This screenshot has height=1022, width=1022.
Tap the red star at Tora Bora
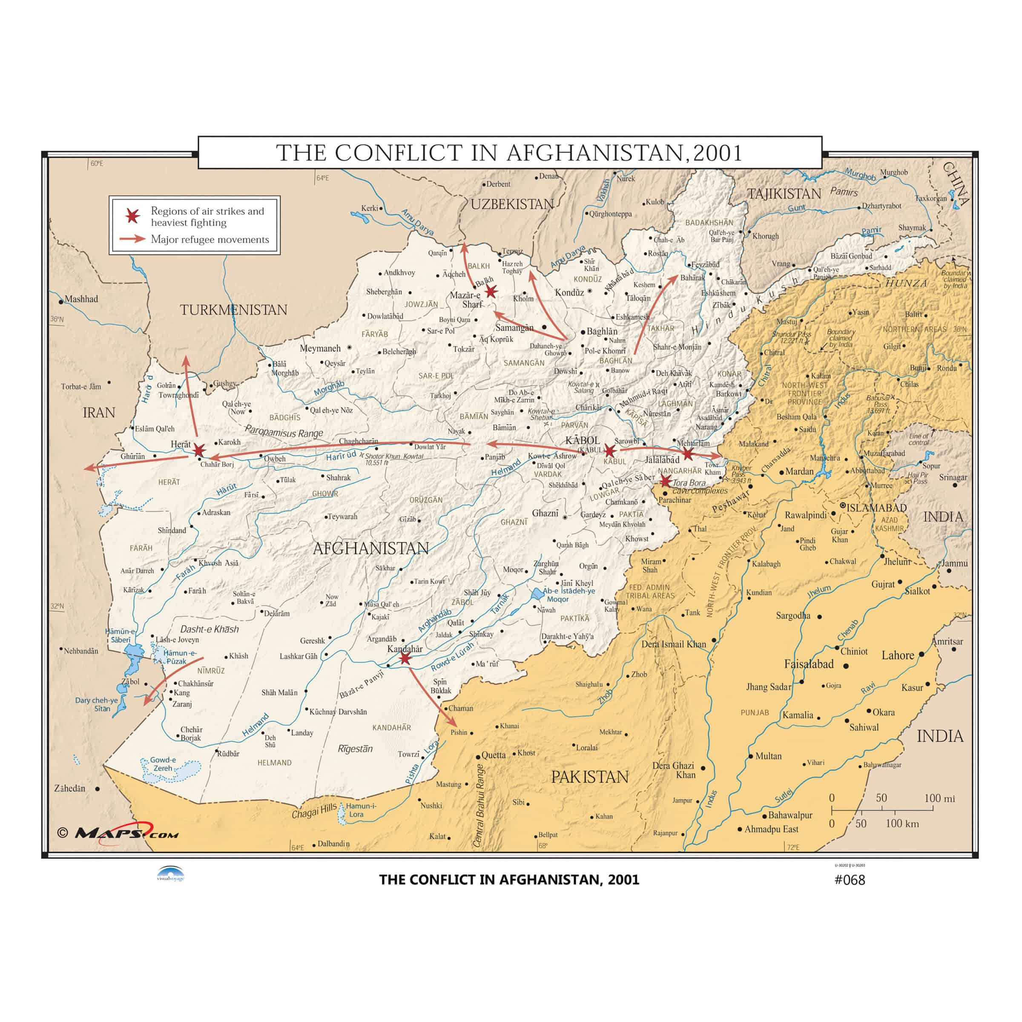[666, 481]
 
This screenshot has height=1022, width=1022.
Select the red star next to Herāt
[199, 450]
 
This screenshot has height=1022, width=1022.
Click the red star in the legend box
[132, 216]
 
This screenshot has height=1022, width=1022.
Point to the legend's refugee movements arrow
[132, 239]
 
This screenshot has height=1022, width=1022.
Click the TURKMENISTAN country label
[233, 310]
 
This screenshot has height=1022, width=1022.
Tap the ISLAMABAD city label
[876, 508]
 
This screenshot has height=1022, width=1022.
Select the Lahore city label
[898, 655]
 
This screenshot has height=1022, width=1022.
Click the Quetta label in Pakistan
[494, 755]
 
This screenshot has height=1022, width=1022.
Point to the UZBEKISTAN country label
[512, 204]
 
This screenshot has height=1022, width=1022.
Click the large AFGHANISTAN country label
[371, 548]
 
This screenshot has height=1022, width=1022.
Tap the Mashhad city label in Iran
[81, 299]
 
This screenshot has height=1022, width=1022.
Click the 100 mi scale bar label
[939, 798]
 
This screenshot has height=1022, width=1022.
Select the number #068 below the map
[850, 880]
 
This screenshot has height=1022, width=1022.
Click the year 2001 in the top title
[717, 153]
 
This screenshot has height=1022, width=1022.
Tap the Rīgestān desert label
[356, 749]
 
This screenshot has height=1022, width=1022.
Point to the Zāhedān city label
[70, 788]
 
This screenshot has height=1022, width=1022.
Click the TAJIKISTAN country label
[784, 194]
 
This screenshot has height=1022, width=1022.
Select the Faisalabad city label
[809, 664]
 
